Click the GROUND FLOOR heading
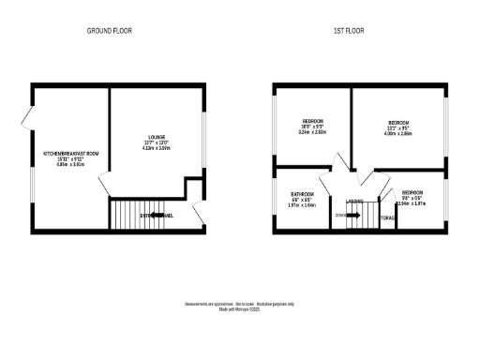pyautogui.click(x=110, y=31)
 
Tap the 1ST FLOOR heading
pyautogui.click(x=349, y=31)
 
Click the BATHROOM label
pyautogui.click(x=301, y=194)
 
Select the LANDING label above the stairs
pyautogui.click(x=355, y=202)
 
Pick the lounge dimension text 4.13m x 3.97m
pyautogui.click(x=154, y=147)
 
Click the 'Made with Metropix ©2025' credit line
pyautogui.click(x=240, y=309)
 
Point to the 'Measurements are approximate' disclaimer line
pyautogui.click(x=240, y=304)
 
